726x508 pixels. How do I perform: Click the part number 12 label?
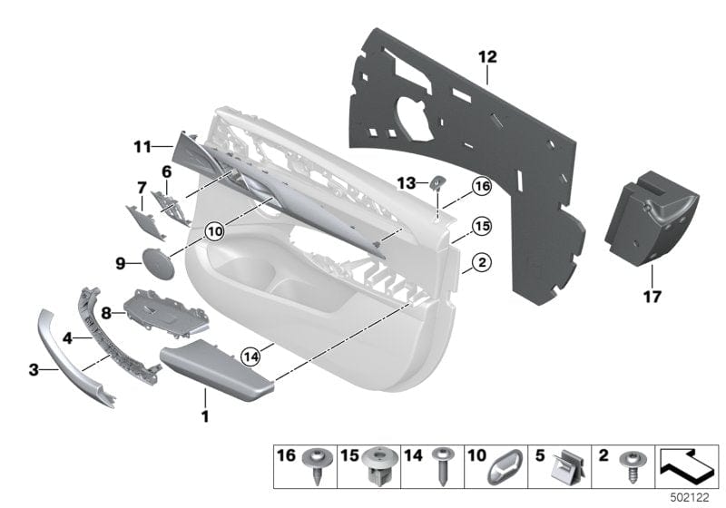(487, 56)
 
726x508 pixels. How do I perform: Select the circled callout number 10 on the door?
(213, 231)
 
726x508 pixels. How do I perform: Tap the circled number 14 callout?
(250, 356)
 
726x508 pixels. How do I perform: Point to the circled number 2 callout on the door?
(481, 263)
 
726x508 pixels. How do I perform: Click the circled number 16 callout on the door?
(481, 186)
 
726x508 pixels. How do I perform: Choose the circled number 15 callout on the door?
(481, 224)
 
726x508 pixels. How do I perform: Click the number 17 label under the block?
(652, 296)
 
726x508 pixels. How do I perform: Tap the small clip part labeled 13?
(436, 181)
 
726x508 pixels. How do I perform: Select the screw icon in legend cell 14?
(444, 468)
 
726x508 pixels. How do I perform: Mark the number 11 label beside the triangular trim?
(140, 145)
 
